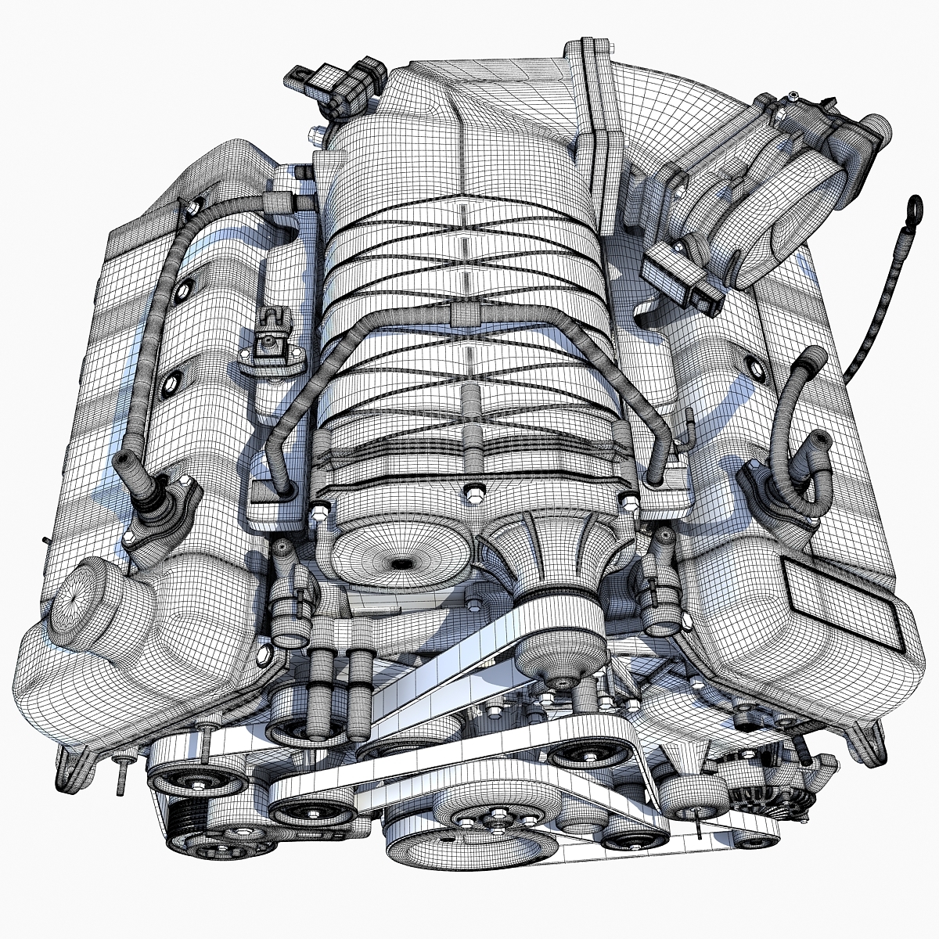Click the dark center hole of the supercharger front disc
(401, 562)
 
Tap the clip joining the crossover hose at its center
(464, 314)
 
